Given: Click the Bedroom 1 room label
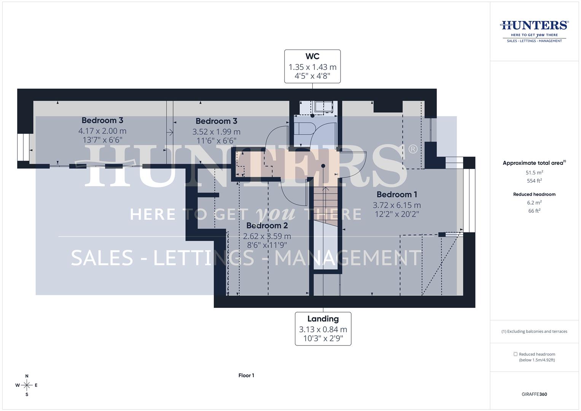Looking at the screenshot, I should click(x=396, y=194).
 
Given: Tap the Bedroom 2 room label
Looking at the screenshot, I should click(x=267, y=226).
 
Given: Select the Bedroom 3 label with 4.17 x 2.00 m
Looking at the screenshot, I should click(x=102, y=121).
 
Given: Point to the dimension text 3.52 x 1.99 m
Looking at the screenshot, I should click(x=216, y=132).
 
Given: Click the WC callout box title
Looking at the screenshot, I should click(x=312, y=56).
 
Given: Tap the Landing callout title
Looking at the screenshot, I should click(x=323, y=319).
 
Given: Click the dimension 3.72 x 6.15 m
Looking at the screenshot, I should click(x=396, y=205).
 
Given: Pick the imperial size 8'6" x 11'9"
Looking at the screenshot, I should click(x=267, y=245).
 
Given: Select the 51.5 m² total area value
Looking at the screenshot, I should click(x=534, y=172).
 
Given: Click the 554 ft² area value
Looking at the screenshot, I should click(x=534, y=181).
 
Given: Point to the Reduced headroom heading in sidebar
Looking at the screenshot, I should click(x=534, y=194).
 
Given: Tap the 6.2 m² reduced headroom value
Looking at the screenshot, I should click(x=534, y=202).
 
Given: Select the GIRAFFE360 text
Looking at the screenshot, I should click(x=534, y=394).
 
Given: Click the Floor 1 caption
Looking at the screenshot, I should click(x=246, y=376).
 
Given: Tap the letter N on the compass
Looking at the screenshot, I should click(x=27, y=376).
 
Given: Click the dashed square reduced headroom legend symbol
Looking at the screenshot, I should click(x=516, y=354).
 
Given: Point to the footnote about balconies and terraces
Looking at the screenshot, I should click(x=534, y=331).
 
